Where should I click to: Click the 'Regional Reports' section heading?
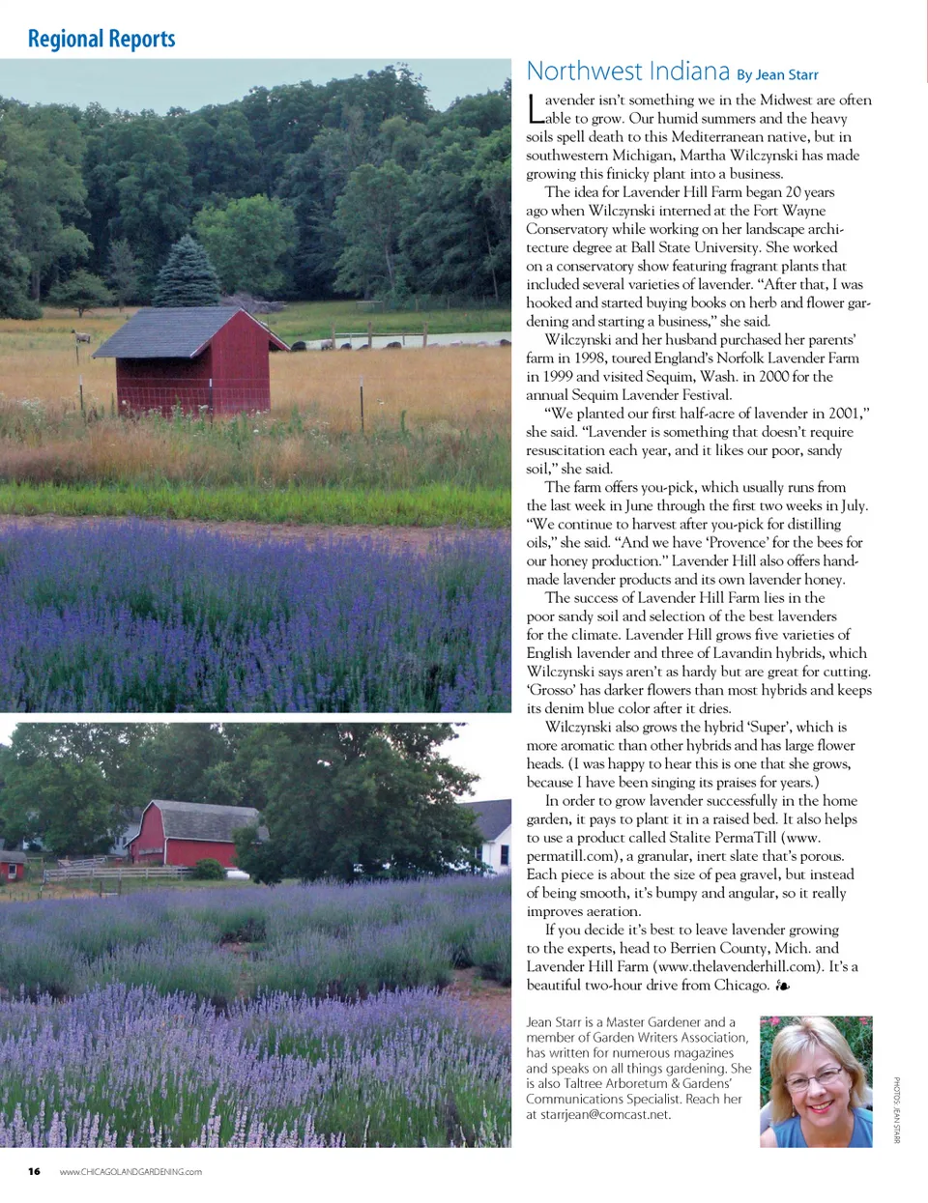pos(101,40)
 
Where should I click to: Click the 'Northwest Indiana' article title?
pos(627,72)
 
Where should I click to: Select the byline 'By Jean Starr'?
pos(777,75)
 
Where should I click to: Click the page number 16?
pos(34,1172)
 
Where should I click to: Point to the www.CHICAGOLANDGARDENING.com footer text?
pos(130,1172)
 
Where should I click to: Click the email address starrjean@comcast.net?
pos(605,1114)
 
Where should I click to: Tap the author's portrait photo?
pos(816,1080)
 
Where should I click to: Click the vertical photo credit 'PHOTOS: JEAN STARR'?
pos(896,1110)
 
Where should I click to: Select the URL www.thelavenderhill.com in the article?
pos(735,966)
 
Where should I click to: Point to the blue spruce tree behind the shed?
pos(188,275)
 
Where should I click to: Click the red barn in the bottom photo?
pos(184,836)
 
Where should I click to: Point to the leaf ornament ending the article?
pos(782,986)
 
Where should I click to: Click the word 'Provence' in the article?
pos(737,543)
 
